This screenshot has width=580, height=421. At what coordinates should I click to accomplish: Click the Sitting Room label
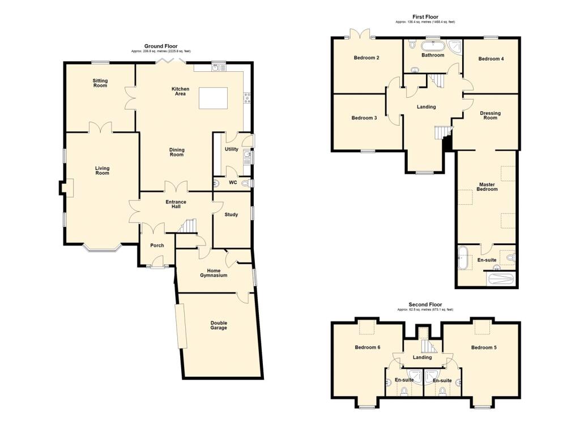pyautogui.click(x=100, y=83)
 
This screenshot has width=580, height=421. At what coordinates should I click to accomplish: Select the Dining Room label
pyautogui.click(x=177, y=152)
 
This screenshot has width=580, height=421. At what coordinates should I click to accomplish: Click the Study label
pyautogui.click(x=231, y=214)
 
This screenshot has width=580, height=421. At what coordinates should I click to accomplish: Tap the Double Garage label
pyautogui.click(x=219, y=325)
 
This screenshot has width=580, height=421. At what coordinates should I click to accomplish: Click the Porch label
pyautogui.click(x=156, y=246)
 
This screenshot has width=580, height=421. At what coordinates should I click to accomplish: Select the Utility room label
pyautogui.click(x=231, y=149)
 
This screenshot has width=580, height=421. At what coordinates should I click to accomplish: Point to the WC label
pyautogui.click(x=233, y=183)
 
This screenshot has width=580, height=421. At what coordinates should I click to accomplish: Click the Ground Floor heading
pyautogui.click(x=161, y=46)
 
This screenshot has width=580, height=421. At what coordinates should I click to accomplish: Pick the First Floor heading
pyautogui.click(x=425, y=17)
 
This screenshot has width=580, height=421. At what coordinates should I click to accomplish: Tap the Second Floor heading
pyautogui.click(x=425, y=304)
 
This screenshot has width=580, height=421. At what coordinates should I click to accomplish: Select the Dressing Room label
pyautogui.click(x=490, y=115)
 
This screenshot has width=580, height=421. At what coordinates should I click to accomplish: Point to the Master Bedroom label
pyautogui.click(x=487, y=187)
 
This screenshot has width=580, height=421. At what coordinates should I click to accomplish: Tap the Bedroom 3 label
pyautogui.click(x=364, y=118)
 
